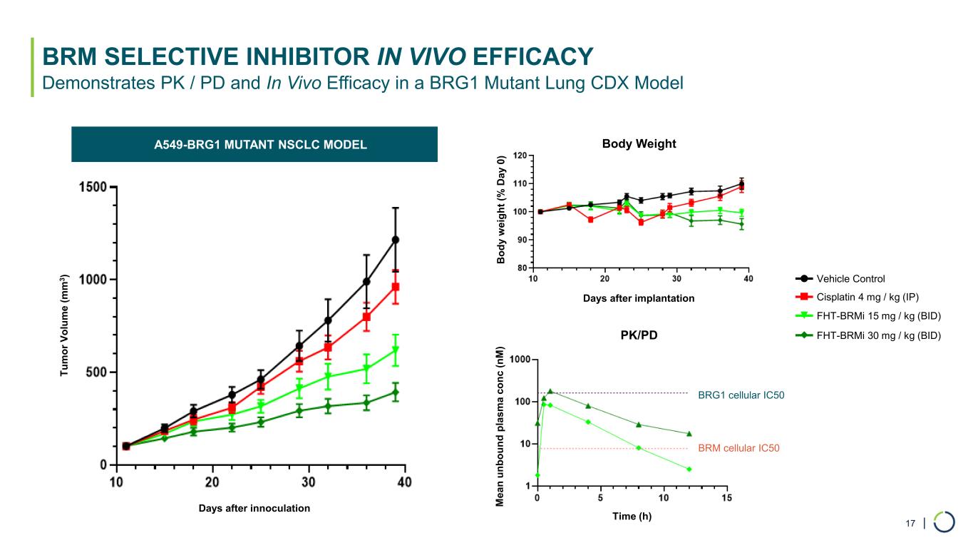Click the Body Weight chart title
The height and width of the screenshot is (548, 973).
point(639,144)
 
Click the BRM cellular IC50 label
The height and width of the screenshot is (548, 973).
point(738,449)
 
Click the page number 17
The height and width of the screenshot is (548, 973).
point(910,524)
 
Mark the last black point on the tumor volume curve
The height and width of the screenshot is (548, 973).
point(395,240)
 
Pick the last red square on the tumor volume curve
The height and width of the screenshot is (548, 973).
point(395,287)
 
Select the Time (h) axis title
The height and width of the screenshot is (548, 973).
point(632,516)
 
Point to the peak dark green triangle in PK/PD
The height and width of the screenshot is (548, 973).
point(550,391)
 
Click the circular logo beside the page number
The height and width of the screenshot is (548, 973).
point(944,522)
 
